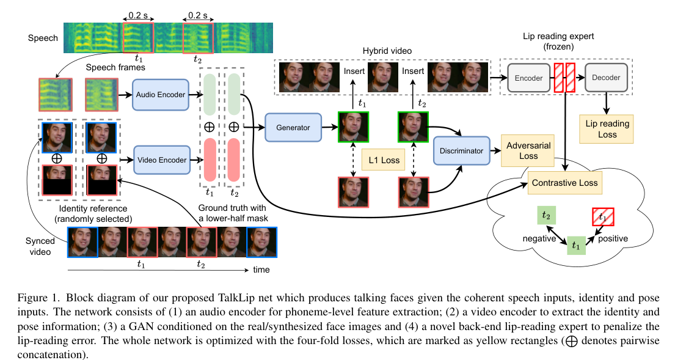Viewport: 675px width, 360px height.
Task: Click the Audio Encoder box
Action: pyautogui.click(x=161, y=95)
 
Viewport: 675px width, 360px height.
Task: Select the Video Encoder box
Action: pyautogui.click(x=162, y=160)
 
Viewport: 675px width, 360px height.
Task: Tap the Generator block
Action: pyautogui.click(x=293, y=128)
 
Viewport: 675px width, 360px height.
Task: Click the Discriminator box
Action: pyautogui.click(x=461, y=151)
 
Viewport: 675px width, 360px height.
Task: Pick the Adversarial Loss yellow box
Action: pyautogui.click(x=528, y=151)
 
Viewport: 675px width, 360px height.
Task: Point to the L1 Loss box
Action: pyautogui.click(x=384, y=160)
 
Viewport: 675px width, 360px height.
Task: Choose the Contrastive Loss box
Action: pyautogui.click(x=565, y=183)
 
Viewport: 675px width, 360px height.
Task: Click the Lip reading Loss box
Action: pyautogui.click(x=607, y=129)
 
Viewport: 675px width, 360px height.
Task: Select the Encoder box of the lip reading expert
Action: pyautogui.click(x=528, y=78)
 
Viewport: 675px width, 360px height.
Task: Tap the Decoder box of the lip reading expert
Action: pyautogui.click(x=606, y=78)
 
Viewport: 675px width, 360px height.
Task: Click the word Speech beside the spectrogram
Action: pyautogui.click(x=43, y=38)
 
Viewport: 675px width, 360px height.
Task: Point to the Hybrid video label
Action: pyautogui.click(x=387, y=51)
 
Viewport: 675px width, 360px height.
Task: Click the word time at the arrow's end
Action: pyautogui.click(x=261, y=270)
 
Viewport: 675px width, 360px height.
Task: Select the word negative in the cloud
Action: pyautogui.click(x=539, y=238)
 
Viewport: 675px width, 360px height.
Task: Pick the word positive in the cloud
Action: pyautogui.click(x=613, y=238)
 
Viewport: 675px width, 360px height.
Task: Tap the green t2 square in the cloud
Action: pyautogui.click(x=546, y=215)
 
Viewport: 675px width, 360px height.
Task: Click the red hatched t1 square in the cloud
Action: pyautogui.click(x=603, y=217)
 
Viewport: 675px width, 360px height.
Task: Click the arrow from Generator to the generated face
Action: pyautogui.click(x=330, y=127)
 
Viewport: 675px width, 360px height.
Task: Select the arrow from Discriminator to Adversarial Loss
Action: pyautogui.click(x=495, y=151)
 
